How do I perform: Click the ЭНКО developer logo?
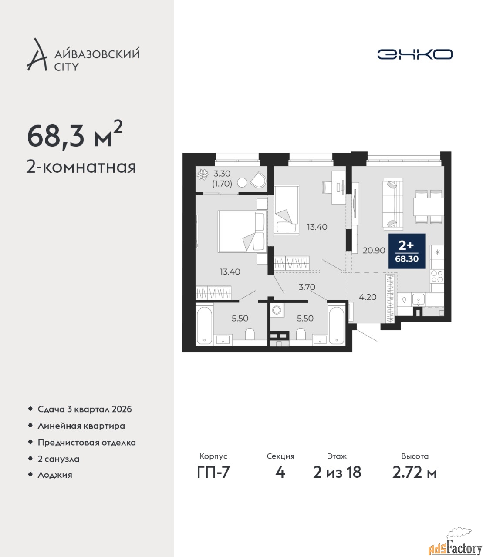pyautogui.click(x=415, y=54)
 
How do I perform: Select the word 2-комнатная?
pyautogui.click(x=81, y=167)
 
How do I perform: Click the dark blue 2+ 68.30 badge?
pyautogui.click(x=407, y=251)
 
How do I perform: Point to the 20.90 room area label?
pyautogui.click(x=374, y=251)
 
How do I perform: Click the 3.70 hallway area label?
pyautogui.click(x=307, y=287)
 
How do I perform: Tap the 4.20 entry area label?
pyautogui.click(x=368, y=297)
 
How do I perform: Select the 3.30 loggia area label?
pyautogui.click(x=222, y=173)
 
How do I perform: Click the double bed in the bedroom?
pyautogui.click(x=242, y=232)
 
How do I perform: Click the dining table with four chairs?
pyautogui.click(x=429, y=207)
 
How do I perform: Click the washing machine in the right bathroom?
pyautogui.click(x=277, y=310)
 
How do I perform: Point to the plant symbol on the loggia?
pyautogui.click(x=203, y=174)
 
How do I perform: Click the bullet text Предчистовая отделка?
pyautogui.click(x=87, y=443)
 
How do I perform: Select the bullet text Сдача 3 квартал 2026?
pyautogui.click(x=84, y=409)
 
